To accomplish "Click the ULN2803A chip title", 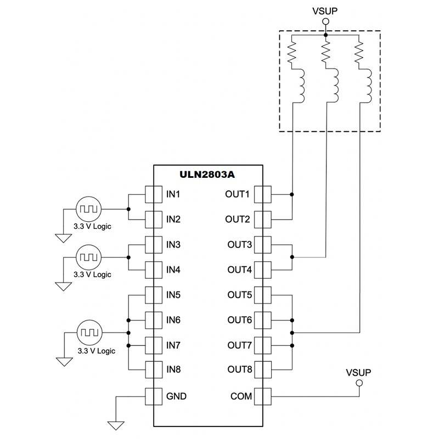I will click(x=207, y=175).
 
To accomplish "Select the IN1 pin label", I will click(x=173, y=194).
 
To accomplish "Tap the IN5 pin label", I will click(x=173, y=295).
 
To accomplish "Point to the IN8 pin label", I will click(x=173, y=369).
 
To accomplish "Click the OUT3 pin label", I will click(x=239, y=245).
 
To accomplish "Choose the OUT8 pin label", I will click(x=239, y=369).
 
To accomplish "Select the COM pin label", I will click(x=241, y=396).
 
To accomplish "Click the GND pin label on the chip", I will click(x=176, y=396).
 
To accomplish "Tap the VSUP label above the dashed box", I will click(x=325, y=9).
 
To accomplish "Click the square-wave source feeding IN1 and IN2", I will click(x=88, y=209).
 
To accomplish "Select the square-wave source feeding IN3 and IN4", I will click(x=88, y=257).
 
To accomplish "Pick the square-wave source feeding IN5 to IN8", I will click(x=88, y=333).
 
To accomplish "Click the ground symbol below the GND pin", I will click(x=116, y=425).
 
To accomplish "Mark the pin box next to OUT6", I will click(x=263, y=320).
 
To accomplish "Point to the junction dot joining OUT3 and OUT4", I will click(x=292, y=257).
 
